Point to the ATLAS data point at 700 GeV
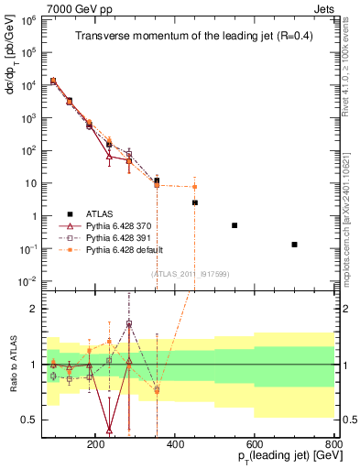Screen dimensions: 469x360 click(294, 245)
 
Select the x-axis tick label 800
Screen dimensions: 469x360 click(333, 442)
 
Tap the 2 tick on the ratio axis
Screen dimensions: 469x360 click(57, 309)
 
